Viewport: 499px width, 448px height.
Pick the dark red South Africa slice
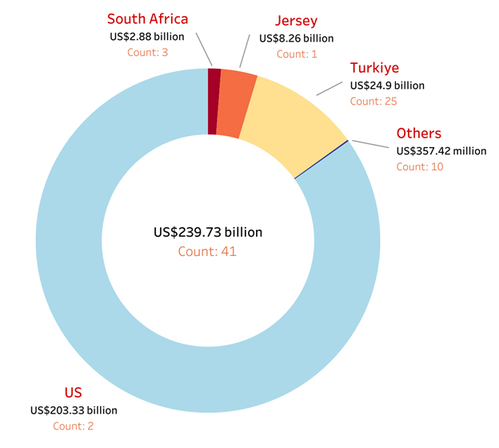(213, 101)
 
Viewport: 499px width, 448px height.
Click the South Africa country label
(147, 19)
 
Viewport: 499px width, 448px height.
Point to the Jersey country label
(296, 22)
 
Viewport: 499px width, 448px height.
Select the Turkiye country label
(374, 69)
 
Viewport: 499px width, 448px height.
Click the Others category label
(419, 133)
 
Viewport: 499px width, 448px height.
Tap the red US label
(73, 393)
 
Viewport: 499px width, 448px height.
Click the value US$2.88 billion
(147, 36)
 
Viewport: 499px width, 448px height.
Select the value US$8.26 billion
(296, 38)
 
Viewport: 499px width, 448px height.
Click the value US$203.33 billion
(74, 410)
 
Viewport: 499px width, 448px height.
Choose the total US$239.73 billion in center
(208, 232)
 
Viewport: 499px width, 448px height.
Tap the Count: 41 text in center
(208, 251)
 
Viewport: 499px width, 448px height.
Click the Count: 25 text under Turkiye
(373, 102)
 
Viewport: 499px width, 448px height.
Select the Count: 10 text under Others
(420, 166)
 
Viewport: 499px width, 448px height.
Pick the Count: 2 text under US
(74, 426)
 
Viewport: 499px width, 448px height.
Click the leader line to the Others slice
(369, 144)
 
